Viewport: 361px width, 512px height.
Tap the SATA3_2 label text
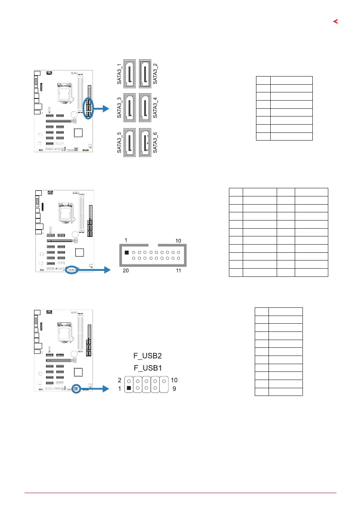(x=155, y=73)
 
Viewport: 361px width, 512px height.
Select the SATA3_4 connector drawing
(x=145, y=108)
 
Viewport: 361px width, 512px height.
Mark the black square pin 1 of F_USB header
(x=129, y=389)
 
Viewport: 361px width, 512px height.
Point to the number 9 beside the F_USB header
(x=174, y=389)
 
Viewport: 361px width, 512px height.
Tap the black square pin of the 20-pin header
(x=127, y=253)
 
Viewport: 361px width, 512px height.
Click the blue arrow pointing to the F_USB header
(x=96, y=389)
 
